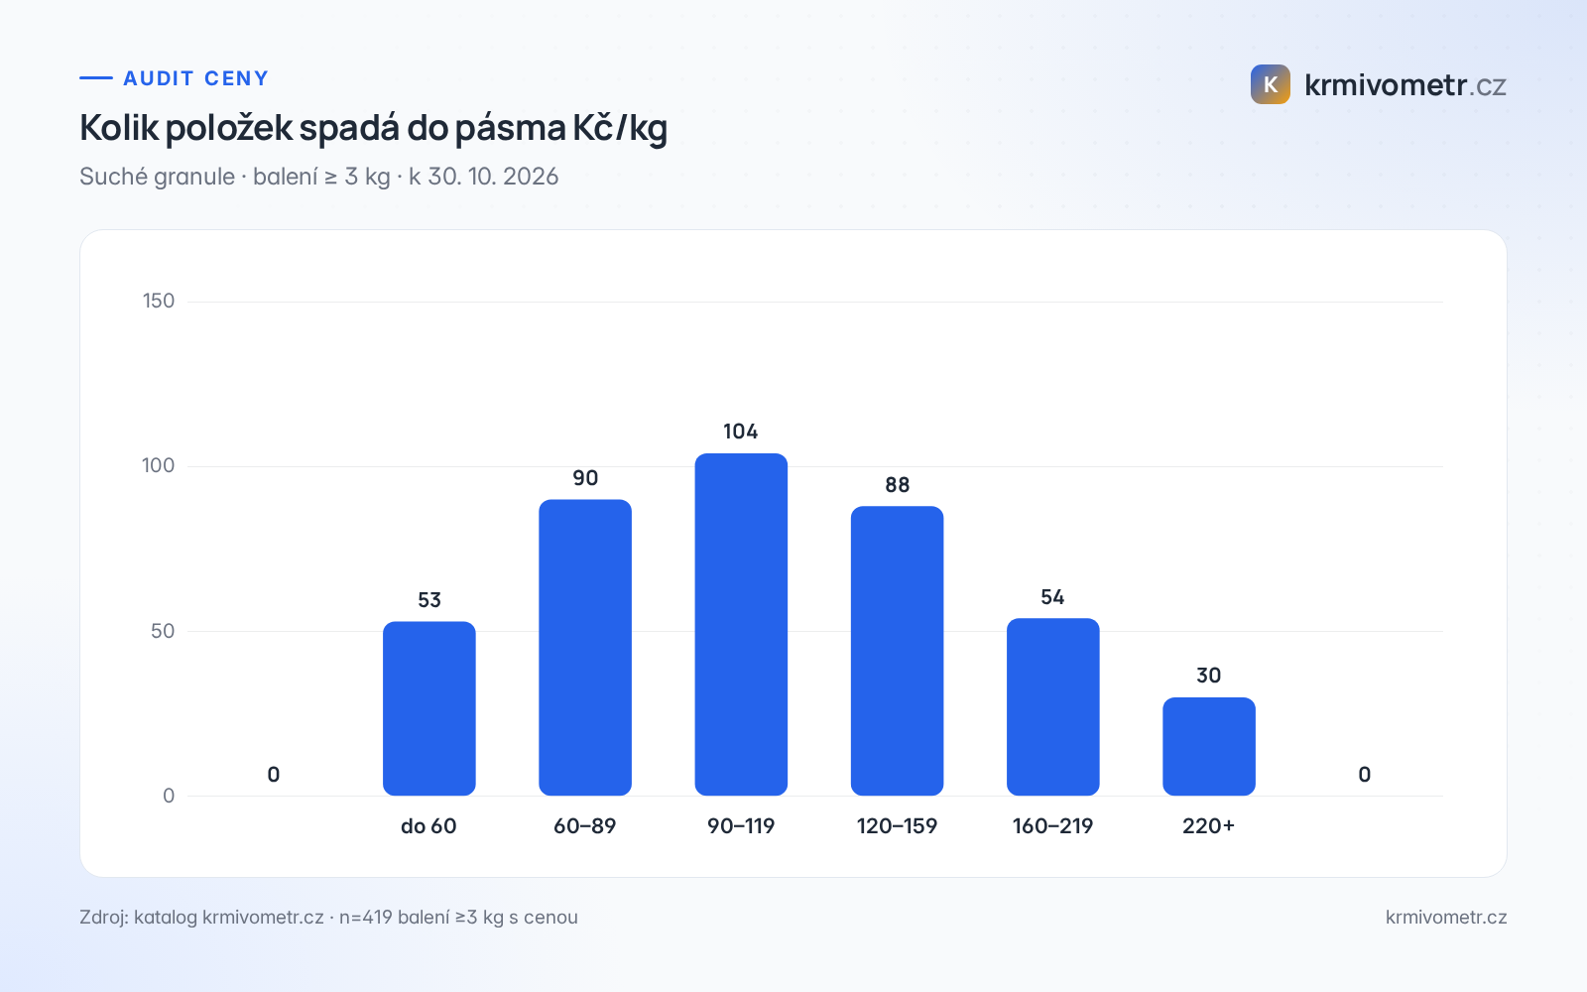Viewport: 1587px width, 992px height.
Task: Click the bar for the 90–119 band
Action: [x=741, y=624]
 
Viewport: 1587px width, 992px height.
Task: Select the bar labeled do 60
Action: [x=429, y=708]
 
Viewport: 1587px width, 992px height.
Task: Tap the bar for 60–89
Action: [x=585, y=648]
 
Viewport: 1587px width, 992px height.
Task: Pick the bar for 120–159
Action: [x=897, y=651]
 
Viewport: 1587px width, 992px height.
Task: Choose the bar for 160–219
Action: [x=1052, y=706]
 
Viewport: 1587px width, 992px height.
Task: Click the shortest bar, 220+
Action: [x=1209, y=746]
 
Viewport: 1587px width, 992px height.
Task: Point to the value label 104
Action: [x=740, y=432]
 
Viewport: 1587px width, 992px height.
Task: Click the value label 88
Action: [x=897, y=485]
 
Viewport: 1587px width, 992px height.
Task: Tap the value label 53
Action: [x=429, y=600]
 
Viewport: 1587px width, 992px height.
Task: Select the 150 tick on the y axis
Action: [x=159, y=302]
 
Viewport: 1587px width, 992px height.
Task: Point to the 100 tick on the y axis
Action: [x=158, y=465]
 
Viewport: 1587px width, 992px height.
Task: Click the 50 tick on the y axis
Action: [x=163, y=631]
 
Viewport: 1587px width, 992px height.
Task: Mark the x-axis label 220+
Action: [x=1209, y=826]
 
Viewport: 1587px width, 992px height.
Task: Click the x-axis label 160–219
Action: [x=1052, y=826]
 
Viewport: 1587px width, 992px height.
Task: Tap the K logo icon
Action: [x=1271, y=84]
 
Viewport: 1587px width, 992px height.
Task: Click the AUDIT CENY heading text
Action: [x=196, y=78]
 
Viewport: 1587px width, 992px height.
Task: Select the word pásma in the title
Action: [x=510, y=128]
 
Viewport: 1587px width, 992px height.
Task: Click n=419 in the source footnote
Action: [x=366, y=917]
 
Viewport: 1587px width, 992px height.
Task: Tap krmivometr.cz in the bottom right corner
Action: [x=1446, y=917]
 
